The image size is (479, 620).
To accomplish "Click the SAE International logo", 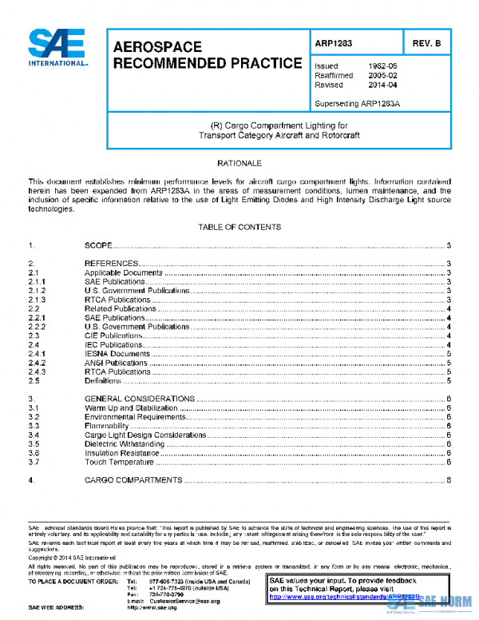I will (57, 49).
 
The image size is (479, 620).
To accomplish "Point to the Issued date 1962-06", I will (381, 66).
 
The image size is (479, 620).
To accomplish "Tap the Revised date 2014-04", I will (381, 85).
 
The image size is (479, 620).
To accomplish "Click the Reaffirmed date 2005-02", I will (381, 76).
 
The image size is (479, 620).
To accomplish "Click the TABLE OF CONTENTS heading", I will (239, 227).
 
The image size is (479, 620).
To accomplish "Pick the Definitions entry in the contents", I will (103, 381).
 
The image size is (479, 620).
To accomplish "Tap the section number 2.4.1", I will (36, 353).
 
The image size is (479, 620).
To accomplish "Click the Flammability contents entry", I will (108, 426).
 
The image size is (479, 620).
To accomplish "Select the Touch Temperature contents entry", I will (118, 462).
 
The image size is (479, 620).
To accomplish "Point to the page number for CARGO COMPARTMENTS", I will (450, 480).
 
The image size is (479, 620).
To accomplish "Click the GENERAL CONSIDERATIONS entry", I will (139, 399).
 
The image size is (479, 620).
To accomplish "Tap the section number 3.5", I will (34, 443).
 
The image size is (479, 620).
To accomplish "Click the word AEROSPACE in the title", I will (158, 47).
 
